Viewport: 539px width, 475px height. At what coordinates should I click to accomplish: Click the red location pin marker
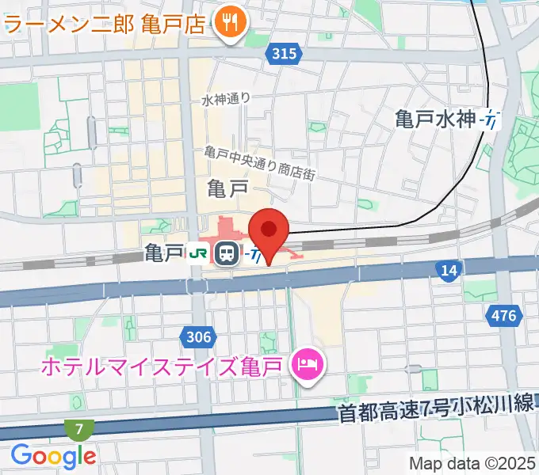point(269,232)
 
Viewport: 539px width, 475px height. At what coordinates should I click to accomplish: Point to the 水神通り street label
point(226,99)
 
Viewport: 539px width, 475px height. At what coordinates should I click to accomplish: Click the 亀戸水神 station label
point(435,120)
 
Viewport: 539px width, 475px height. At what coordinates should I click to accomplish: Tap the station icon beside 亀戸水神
point(491,120)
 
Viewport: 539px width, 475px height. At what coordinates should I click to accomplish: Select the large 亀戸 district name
point(227,188)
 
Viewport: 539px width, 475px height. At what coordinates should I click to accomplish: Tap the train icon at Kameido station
point(227,253)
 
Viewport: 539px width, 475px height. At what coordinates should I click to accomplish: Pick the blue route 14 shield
point(449,272)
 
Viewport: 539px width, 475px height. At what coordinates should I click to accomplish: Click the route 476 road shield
point(503,316)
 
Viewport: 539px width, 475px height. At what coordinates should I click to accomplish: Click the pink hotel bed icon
point(306,365)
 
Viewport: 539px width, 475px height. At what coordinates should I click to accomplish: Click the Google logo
point(53,455)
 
